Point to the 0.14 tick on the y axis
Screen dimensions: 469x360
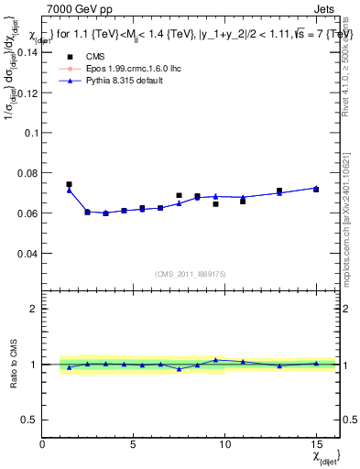[x=27, y=52]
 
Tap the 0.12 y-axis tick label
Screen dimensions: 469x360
[x=27, y=93]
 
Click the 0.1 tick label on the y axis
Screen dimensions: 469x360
[x=30, y=133]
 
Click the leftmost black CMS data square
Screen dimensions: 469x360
[x=70, y=184]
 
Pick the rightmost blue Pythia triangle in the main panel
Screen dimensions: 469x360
[x=316, y=188]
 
